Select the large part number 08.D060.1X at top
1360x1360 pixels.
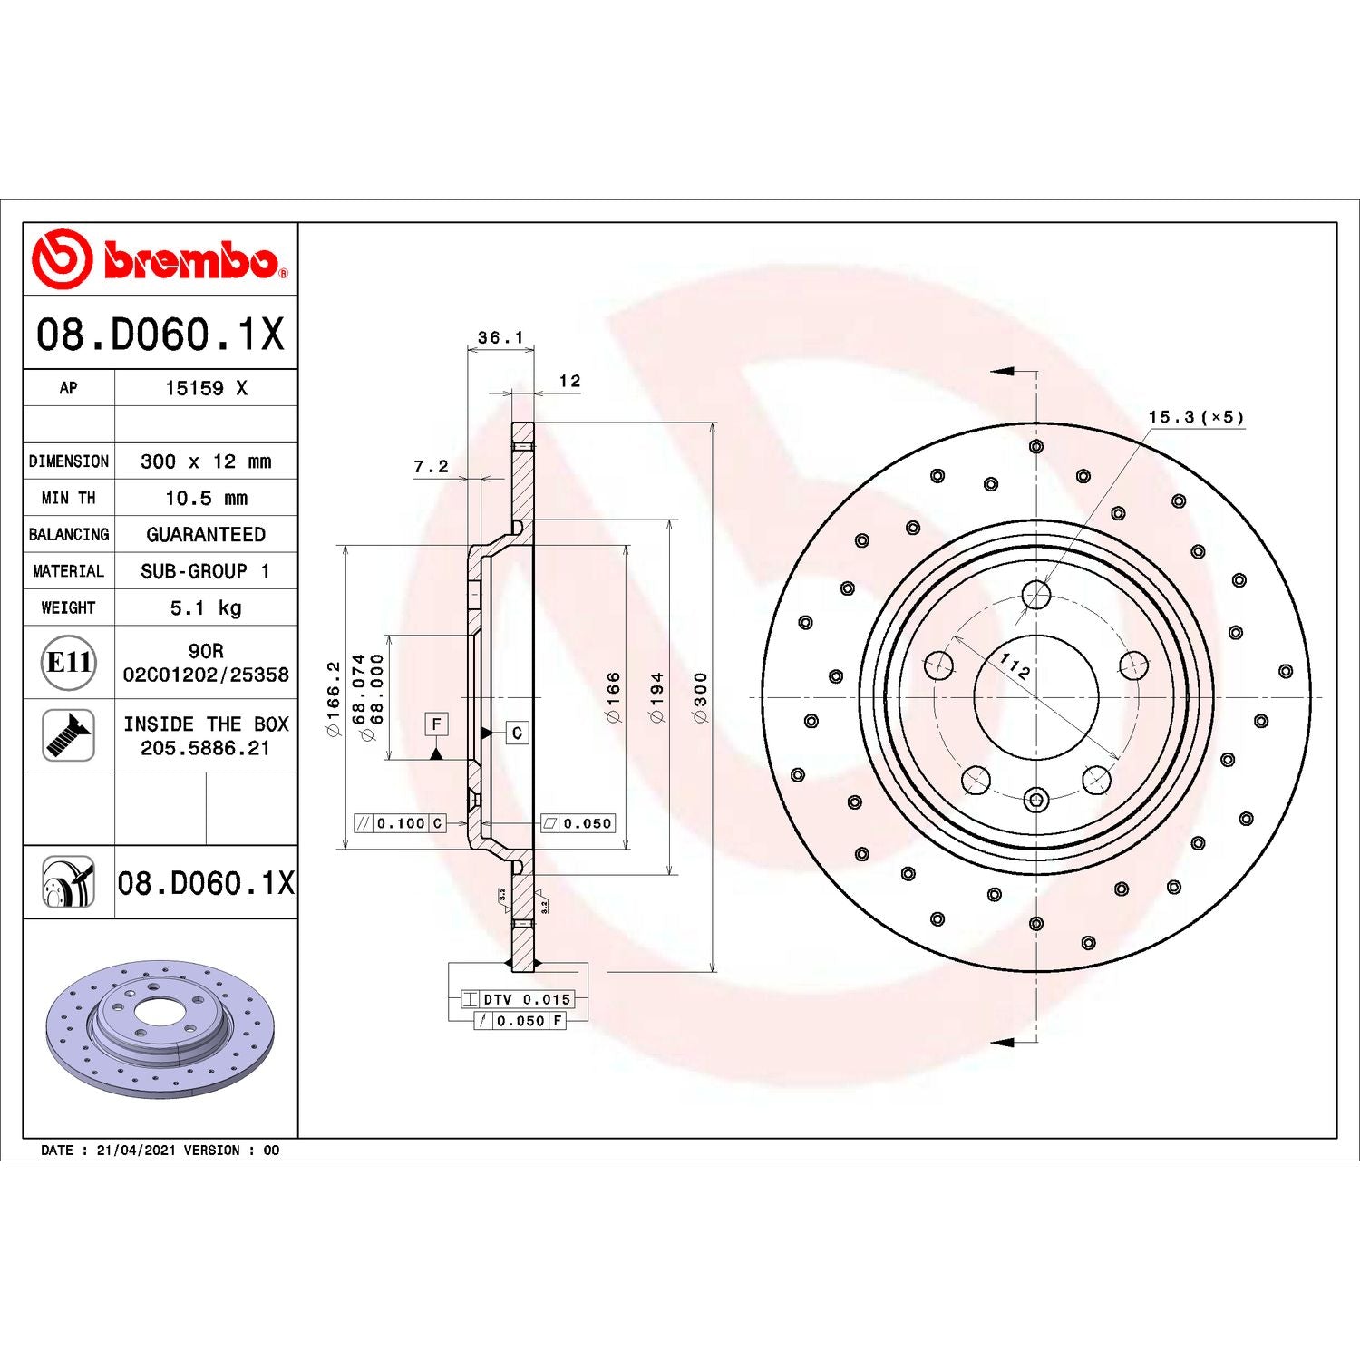coord(160,335)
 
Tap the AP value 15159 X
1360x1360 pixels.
coord(206,388)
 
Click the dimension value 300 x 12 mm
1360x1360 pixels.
coord(206,461)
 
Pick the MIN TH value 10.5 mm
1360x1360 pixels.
coord(206,498)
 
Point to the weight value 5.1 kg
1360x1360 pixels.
coord(206,607)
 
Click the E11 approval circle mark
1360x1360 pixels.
coord(69,663)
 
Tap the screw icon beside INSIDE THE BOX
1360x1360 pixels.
coord(69,735)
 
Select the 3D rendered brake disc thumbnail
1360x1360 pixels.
coord(160,1029)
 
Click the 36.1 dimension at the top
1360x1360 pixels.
coord(500,338)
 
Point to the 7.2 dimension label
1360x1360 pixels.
coord(432,467)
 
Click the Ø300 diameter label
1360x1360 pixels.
coord(700,697)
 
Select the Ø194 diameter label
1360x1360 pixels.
coord(657,697)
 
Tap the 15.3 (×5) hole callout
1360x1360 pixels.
coord(1196,417)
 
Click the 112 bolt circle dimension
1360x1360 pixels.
coord(1015,666)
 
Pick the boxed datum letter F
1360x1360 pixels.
coord(436,724)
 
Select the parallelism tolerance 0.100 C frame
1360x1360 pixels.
coord(400,823)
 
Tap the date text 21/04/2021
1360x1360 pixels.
coord(136,1151)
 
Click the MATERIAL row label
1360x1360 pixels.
coord(69,571)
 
